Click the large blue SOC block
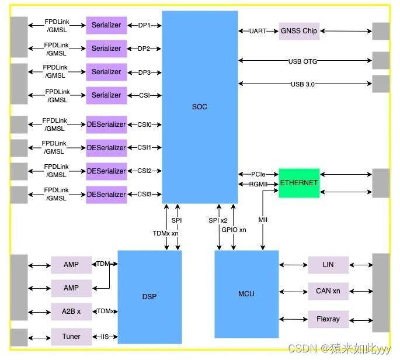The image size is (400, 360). pyautogui.click(x=200, y=107)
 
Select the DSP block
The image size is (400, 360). pyautogui.click(x=149, y=296)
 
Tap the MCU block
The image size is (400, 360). pyautogui.click(x=246, y=294)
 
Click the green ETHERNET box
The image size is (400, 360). pyautogui.click(x=299, y=183)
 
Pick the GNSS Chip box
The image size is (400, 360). pyautogui.click(x=299, y=31)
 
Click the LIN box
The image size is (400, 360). pyautogui.click(x=328, y=265)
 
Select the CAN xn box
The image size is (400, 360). pyautogui.click(x=328, y=291)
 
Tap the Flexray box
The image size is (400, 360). pyautogui.click(x=328, y=319)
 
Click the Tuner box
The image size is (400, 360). pyautogui.click(x=71, y=337)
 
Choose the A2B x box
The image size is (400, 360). pyautogui.click(x=71, y=311)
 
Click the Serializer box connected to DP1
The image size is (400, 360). pyautogui.click(x=106, y=25)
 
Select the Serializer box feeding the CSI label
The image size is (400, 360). pyautogui.click(x=106, y=95)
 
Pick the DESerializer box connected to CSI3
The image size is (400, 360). pyautogui.click(x=106, y=195)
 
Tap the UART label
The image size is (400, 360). pyautogui.click(x=258, y=31)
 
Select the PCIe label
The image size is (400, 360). pyautogui.click(x=258, y=174)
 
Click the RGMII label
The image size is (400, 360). pyautogui.click(x=258, y=185)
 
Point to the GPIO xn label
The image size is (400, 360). pyautogui.click(x=234, y=230)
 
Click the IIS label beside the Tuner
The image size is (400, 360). pyautogui.click(x=105, y=337)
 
